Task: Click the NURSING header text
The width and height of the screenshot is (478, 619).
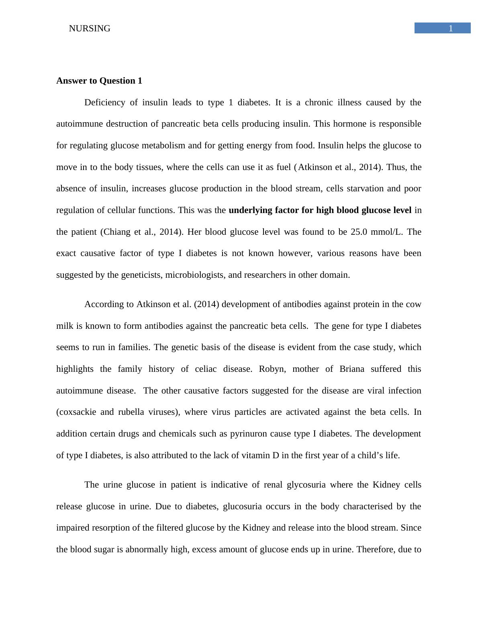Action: tap(90, 29)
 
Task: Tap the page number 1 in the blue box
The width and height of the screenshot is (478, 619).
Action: tap(451, 29)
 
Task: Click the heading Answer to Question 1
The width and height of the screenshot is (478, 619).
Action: tap(99, 81)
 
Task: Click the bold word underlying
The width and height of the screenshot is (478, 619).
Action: tap(250, 210)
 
